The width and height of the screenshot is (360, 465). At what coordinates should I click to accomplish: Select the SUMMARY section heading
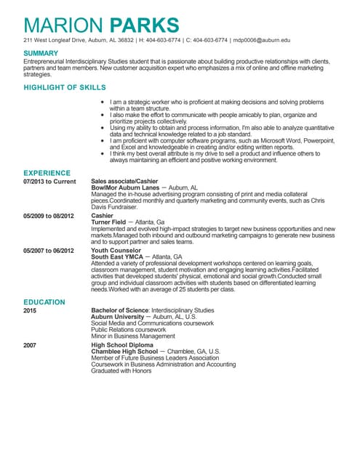(x=41, y=53)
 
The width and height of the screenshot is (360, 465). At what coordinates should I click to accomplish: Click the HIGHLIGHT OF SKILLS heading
(x=65, y=87)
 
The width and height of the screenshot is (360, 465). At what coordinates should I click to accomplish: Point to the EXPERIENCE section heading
(x=47, y=174)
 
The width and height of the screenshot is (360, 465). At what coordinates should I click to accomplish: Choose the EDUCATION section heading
(x=44, y=302)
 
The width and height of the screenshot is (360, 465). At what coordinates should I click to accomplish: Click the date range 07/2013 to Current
(x=49, y=181)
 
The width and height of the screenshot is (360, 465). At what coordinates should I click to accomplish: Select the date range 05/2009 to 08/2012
(x=49, y=216)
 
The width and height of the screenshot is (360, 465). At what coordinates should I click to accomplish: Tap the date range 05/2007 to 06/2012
(x=49, y=251)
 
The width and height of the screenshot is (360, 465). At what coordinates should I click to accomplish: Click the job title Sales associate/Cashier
(x=124, y=181)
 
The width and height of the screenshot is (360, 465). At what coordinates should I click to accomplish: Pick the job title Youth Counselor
(x=115, y=251)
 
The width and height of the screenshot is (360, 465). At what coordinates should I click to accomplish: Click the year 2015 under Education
(x=30, y=310)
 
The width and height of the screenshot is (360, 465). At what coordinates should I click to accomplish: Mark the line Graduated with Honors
(x=121, y=371)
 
